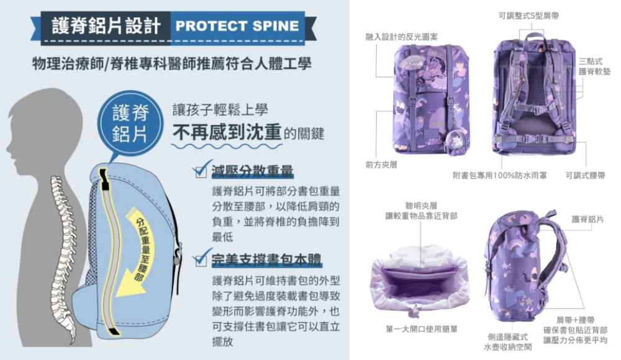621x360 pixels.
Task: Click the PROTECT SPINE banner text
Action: click(237, 26)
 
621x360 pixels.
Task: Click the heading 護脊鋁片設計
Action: click(106, 26)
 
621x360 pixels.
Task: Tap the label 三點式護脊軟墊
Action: click(594, 66)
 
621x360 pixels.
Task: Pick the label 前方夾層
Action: click(381, 164)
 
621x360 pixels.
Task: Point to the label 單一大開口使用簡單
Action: click(421, 329)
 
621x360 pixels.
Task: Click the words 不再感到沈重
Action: click(226, 132)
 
